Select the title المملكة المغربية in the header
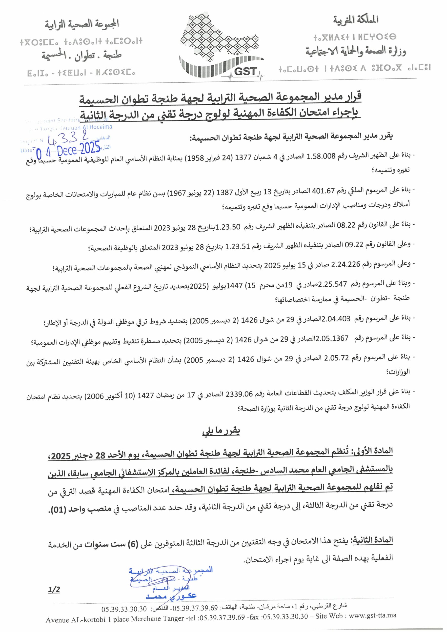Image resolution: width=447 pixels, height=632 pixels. click(356, 20)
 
